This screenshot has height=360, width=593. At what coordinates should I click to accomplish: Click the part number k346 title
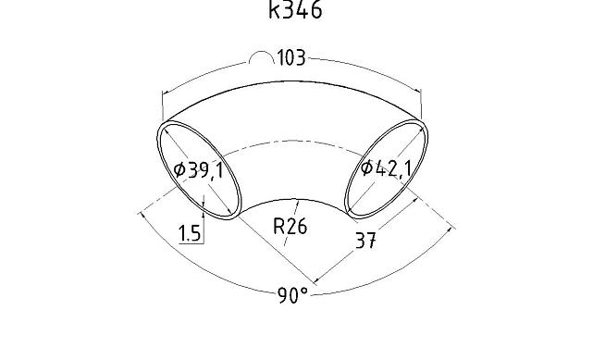295,9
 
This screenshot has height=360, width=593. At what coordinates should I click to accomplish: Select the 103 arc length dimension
291,58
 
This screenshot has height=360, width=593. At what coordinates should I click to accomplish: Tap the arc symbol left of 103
261,57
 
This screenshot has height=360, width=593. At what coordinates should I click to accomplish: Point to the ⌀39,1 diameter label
199,170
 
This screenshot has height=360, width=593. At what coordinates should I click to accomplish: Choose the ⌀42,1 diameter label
386,168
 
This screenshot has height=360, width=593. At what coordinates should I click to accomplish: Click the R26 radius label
290,227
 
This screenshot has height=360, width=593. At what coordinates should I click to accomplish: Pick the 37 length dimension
366,240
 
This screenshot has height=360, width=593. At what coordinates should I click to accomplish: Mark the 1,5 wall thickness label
189,233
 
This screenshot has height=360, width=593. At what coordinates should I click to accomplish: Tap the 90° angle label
292,295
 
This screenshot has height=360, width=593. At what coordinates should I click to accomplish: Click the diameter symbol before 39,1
179,170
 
